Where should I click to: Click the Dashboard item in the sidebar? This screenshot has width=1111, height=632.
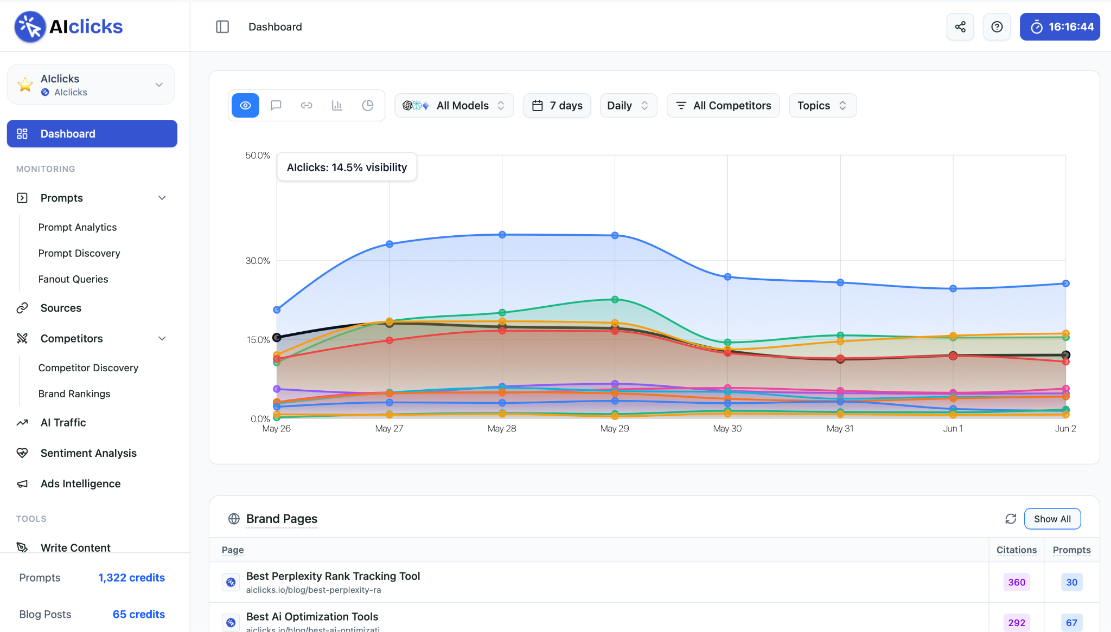[x=92, y=133]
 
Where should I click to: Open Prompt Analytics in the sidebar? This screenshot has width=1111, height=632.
[x=78, y=227]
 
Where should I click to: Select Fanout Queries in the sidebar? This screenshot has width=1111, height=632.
[x=73, y=279]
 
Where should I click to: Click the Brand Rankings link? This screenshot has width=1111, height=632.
[x=74, y=394]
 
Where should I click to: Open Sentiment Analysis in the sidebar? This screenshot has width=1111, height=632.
[x=88, y=453]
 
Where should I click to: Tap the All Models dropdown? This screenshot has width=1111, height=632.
[x=454, y=105]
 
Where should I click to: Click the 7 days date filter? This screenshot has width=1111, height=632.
[x=557, y=105]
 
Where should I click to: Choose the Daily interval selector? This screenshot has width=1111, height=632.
[x=628, y=105]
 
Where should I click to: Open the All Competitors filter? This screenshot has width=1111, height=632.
[x=723, y=105]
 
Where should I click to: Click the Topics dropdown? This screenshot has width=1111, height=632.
[x=822, y=105]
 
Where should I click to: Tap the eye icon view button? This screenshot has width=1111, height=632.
[x=245, y=105]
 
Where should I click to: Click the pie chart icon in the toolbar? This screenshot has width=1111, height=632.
[x=368, y=105]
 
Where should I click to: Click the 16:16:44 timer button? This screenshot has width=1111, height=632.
[x=1059, y=27]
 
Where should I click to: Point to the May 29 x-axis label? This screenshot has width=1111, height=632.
[x=615, y=428]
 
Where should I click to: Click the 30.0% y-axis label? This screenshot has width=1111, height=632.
[x=258, y=261]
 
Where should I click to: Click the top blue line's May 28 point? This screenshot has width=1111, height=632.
[x=502, y=235]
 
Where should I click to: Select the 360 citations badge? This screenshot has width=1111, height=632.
[x=1017, y=582]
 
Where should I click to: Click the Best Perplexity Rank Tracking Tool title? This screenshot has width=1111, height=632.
[x=333, y=576]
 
